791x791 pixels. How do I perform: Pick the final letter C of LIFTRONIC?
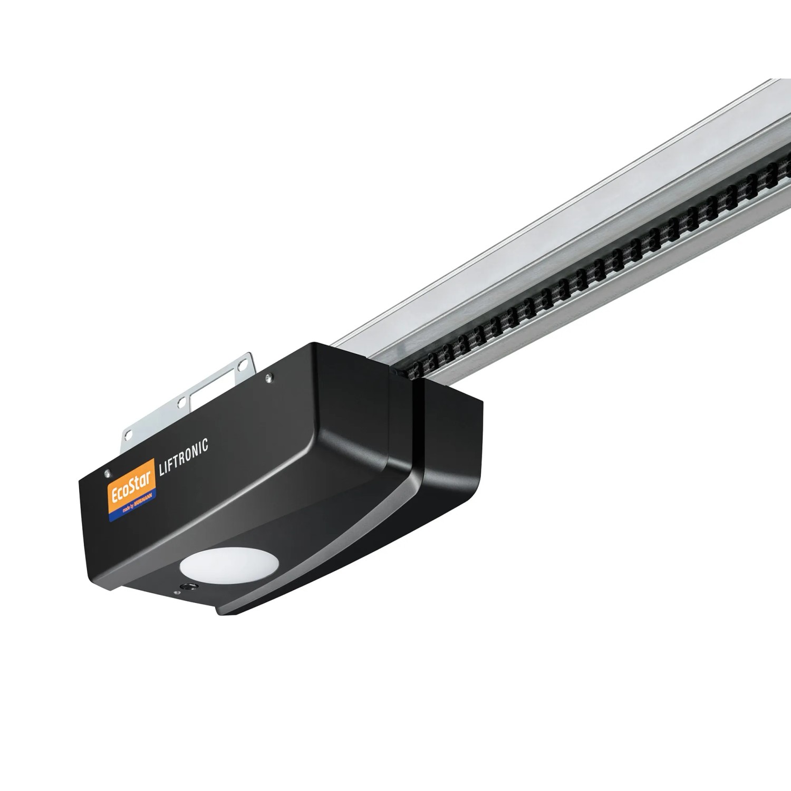click(x=205, y=445)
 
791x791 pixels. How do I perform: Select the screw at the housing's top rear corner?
click(x=269, y=377)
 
